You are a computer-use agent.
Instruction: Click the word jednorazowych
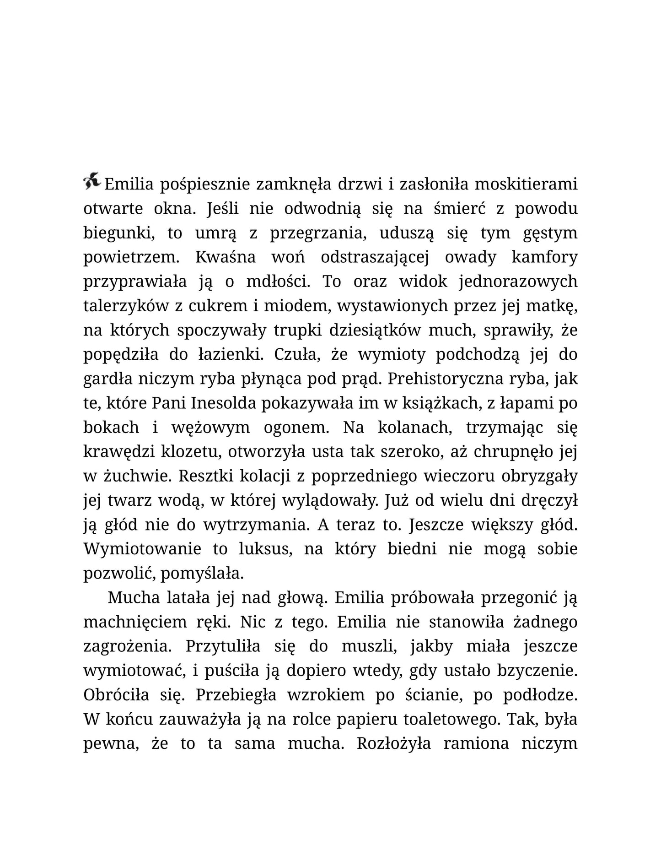point(518,282)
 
